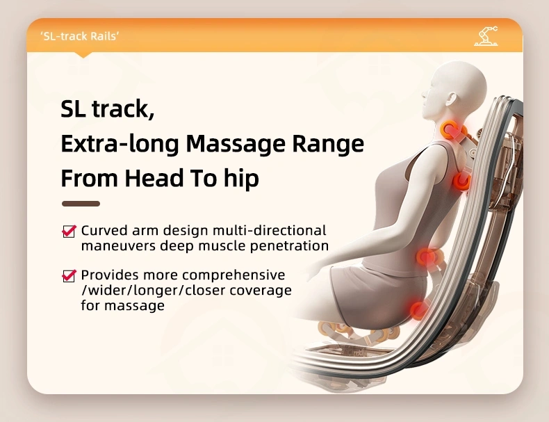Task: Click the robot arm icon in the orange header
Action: point(486,35)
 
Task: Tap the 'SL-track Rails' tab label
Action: point(80,36)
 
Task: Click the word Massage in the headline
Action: point(236,144)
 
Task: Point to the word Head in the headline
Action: point(154,177)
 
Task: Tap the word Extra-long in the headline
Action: point(120,143)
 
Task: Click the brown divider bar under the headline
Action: point(81,204)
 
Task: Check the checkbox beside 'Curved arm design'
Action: point(69,231)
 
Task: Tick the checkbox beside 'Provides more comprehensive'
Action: point(69,275)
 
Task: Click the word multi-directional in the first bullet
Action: point(269,230)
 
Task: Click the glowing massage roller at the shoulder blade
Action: point(461,181)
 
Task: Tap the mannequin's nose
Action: point(424,95)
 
